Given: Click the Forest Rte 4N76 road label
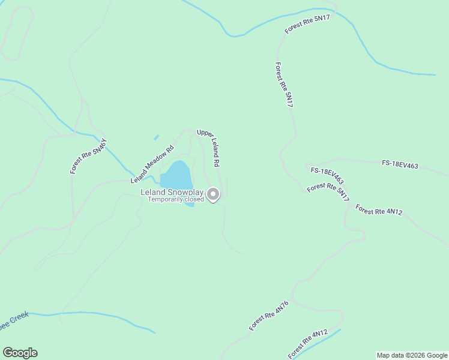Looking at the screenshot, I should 270,316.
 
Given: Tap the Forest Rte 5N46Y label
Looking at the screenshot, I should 88,157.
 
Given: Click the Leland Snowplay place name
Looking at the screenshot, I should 172,192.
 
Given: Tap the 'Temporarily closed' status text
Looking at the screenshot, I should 176,199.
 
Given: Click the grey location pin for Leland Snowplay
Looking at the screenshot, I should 213,194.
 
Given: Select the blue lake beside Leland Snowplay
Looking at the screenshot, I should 176,175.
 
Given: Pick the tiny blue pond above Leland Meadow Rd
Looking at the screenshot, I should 156,137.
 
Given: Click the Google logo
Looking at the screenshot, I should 20,353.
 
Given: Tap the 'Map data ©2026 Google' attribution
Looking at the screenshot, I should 412,355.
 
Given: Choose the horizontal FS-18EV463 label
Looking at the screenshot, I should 400,165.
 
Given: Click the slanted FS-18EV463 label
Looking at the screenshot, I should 327,175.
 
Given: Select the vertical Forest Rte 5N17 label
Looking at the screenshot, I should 284,85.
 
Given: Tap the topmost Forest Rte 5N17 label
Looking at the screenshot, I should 307,25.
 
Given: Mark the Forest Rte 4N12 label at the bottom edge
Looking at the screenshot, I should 307,344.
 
